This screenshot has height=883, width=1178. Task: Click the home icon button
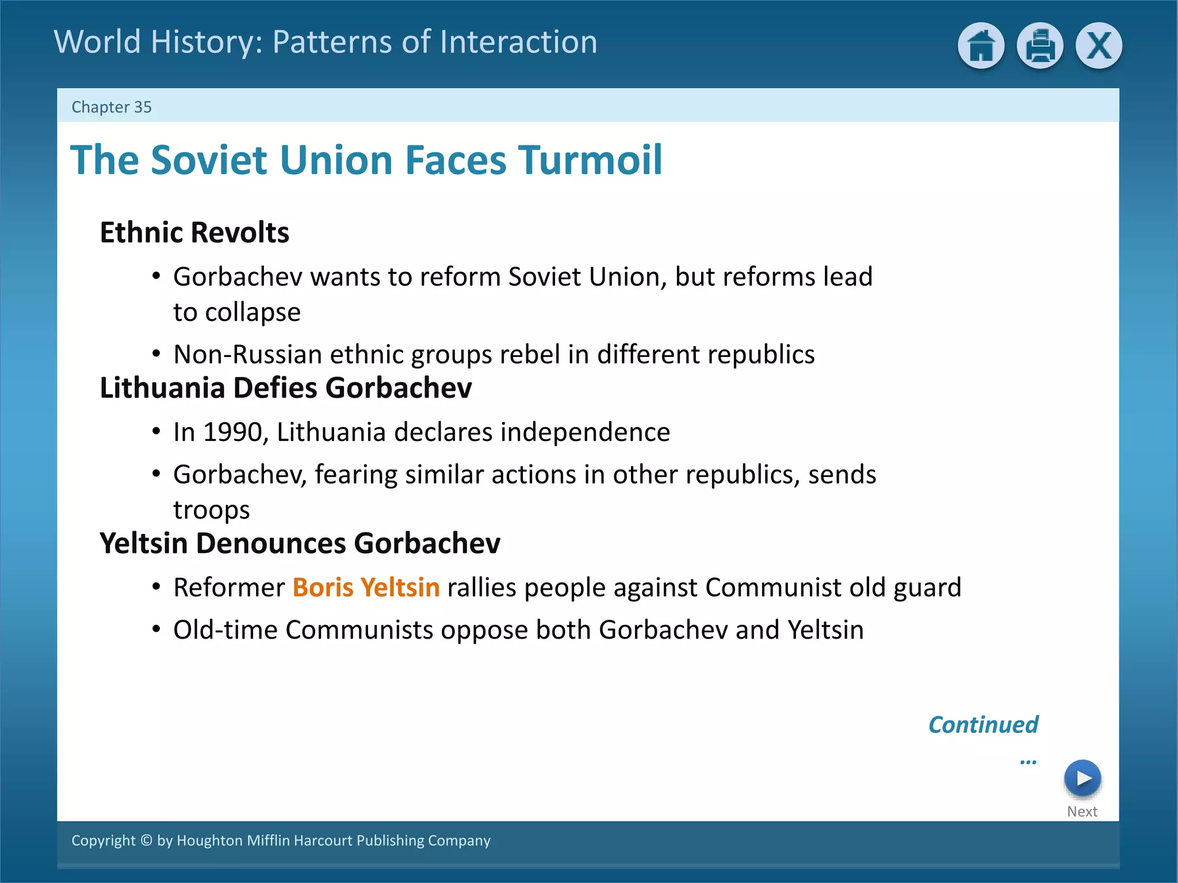[x=981, y=45]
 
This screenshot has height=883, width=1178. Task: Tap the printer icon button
[x=1039, y=45]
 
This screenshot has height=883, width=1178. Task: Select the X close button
[x=1099, y=45]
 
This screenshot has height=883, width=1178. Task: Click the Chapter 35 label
[x=111, y=107]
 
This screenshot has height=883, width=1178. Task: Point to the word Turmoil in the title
[x=590, y=160]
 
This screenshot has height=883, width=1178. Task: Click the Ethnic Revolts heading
[x=194, y=232]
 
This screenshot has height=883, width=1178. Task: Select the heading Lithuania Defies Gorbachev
[x=286, y=388]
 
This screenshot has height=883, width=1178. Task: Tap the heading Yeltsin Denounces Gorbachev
[x=300, y=543]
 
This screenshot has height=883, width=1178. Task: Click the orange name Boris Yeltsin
[x=366, y=588]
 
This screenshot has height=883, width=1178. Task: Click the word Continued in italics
[x=983, y=725]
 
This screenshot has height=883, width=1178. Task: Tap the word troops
[x=212, y=510]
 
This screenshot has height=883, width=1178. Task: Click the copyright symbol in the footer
[x=146, y=840]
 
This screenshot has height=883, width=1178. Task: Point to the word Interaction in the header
[x=517, y=42]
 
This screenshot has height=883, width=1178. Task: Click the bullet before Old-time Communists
[x=156, y=629]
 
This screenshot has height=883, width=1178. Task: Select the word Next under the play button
[x=1082, y=812]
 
